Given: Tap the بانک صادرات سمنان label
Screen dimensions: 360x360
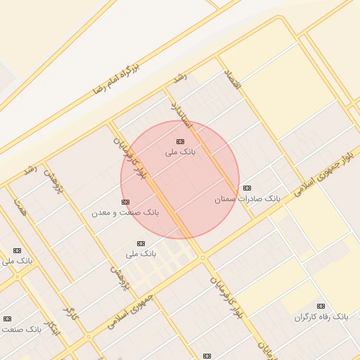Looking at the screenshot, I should (247, 199).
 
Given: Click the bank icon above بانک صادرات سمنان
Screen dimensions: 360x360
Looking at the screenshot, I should (247, 188).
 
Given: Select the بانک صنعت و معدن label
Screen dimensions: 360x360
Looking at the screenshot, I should (125, 212).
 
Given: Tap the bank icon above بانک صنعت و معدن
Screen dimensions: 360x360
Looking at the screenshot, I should (125, 202).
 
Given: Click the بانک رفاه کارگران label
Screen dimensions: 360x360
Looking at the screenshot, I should (321, 317).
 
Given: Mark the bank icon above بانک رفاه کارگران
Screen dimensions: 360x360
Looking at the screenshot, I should (321, 306).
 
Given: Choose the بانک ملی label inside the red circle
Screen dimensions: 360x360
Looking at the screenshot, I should (181, 152).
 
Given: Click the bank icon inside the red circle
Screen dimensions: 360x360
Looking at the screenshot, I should (181, 141).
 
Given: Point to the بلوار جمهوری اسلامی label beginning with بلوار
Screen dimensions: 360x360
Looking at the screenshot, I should (326, 169).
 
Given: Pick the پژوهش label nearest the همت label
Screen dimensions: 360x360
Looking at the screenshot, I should (49, 181).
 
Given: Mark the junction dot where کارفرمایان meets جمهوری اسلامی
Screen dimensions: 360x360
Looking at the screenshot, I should (203, 258).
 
